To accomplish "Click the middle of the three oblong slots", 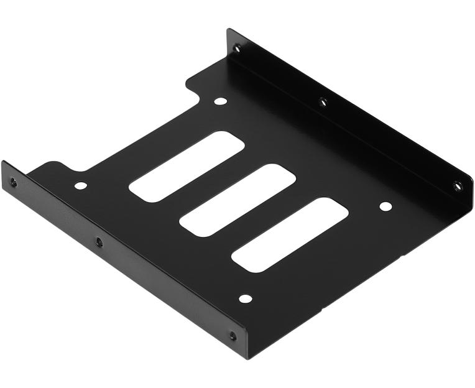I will pyautogui.click(x=237, y=200).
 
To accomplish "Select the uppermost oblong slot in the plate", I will pyautogui.click(x=187, y=166).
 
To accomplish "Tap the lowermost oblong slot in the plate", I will pyautogui.click(x=290, y=234).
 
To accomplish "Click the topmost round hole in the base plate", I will pyautogui.click(x=220, y=101).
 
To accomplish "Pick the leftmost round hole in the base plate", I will pyautogui.click(x=80, y=185).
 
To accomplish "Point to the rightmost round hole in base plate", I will pyautogui.click(x=385, y=206).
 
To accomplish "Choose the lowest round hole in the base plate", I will pyautogui.click(x=246, y=298).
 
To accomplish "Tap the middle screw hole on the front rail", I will pyautogui.click(x=99, y=242).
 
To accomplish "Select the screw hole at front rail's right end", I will pyautogui.click(x=233, y=336).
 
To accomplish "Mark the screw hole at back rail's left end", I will pyautogui.click(x=236, y=47).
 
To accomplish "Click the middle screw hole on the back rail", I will pyautogui.click(x=323, y=101).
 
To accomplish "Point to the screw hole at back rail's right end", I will pyautogui.click(x=458, y=185).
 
